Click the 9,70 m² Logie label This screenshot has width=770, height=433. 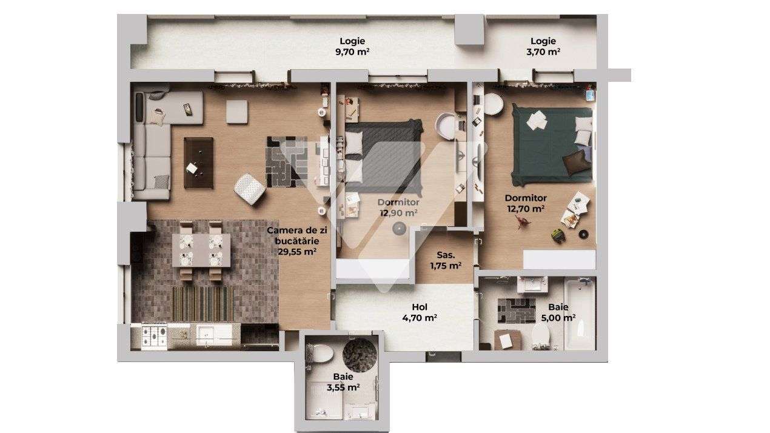[x=352, y=47]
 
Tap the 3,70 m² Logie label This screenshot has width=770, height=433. [x=543, y=47]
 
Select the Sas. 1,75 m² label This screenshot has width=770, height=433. [x=446, y=260]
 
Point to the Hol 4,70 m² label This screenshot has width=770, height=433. [x=420, y=312]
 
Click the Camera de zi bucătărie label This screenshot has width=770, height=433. [x=296, y=241]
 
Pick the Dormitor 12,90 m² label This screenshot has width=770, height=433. [x=398, y=207]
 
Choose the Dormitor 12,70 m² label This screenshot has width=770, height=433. [x=526, y=203]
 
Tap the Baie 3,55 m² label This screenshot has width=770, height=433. [x=343, y=381]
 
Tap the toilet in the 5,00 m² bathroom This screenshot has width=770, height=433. [x=541, y=334]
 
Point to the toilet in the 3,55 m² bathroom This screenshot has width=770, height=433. [x=320, y=352]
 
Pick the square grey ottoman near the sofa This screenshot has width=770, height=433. [x=237, y=112]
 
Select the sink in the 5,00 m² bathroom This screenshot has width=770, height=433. [x=533, y=283]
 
